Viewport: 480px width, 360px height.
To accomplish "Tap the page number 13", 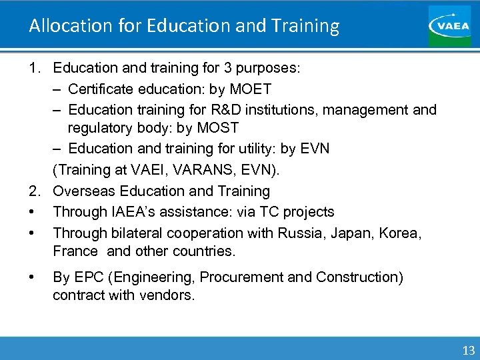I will pos(468,350).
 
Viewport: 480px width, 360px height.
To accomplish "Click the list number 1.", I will pos(32,68).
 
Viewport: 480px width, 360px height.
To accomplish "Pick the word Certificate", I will pos(102,89).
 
